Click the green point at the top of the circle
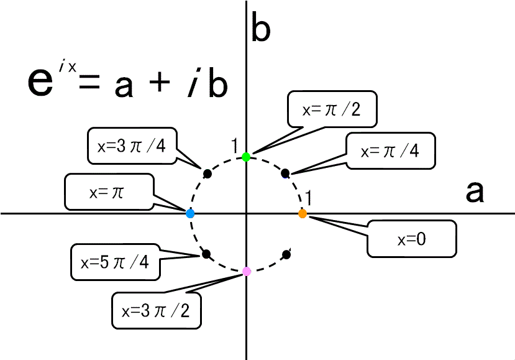[246, 157]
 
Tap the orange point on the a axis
[303, 214]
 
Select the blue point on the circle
[191, 213]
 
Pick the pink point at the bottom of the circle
[247, 271]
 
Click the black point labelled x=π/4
[285, 173]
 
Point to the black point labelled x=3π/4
[207, 173]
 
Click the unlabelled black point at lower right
[286, 254]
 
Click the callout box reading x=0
[411, 238]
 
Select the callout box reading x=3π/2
[157, 310]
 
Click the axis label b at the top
[260, 29]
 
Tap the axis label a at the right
[475, 192]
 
